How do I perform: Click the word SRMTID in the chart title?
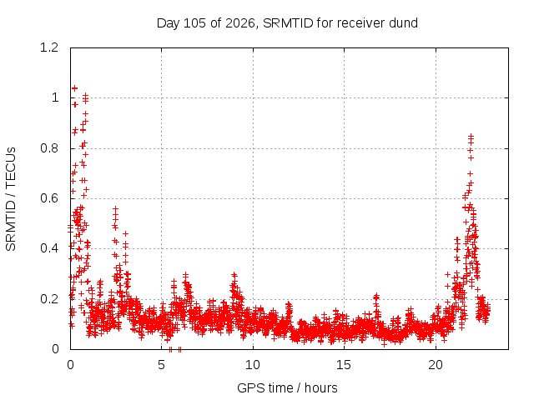(x=288, y=23)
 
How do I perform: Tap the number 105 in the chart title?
(x=194, y=23)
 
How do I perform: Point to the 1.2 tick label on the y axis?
(x=49, y=47)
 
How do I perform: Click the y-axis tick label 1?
(x=55, y=98)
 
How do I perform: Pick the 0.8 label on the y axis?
(x=49, y=148)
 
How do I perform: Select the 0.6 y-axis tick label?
(x=49, y=198)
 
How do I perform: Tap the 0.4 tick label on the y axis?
(x=49, y=248)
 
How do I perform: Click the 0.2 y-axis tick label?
(x=49, y=299)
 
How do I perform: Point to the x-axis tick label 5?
(x=161, y=365)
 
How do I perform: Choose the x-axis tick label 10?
(x=253, y=365)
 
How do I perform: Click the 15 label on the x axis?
(x=344, y=365)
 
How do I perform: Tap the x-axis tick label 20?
(x=436, y=365)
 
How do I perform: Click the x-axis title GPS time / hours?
(x=287, y=388)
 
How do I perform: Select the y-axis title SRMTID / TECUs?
(x=11, y=199)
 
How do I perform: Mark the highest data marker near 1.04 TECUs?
(x=74, y=88)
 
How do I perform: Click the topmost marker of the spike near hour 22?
(x=471, y=137)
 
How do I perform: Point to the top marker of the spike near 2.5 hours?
(x=115, y=208)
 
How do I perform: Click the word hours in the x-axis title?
(x=321, y=388)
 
